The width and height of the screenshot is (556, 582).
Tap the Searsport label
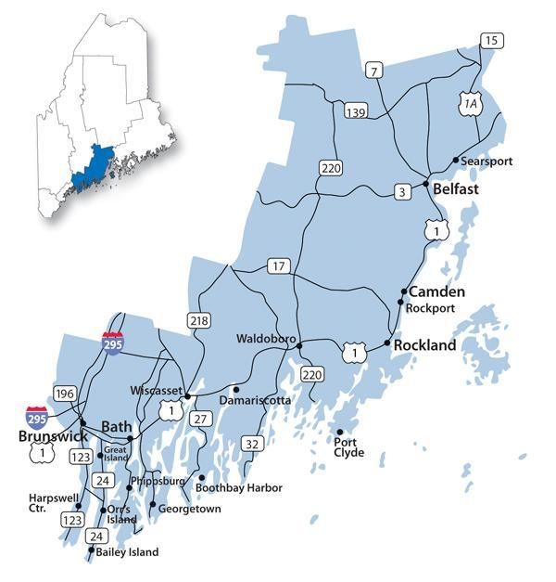489,162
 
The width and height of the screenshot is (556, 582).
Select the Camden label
436,291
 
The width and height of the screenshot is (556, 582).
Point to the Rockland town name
425,345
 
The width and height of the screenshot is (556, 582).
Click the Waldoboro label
265,339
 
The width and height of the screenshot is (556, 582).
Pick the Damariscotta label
255,400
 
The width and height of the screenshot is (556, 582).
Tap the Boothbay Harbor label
239,487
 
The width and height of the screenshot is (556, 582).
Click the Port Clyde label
349,448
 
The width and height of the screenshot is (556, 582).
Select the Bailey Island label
128,552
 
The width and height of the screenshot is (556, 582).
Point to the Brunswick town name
53,435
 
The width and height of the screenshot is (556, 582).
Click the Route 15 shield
491,39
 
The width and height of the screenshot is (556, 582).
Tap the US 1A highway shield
471,105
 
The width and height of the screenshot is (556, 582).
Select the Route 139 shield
352,111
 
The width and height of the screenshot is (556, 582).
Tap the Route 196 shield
65,393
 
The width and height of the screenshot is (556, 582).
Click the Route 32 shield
251,445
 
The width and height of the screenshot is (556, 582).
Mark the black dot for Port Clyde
340,433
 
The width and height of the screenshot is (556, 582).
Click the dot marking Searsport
455,161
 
